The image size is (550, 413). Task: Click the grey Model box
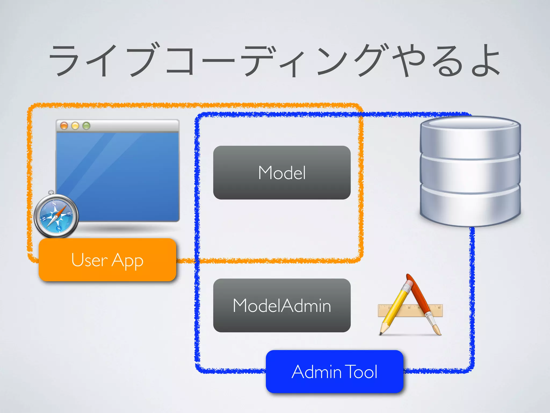click(282, 172)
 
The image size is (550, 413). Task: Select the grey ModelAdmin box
click(282, 305)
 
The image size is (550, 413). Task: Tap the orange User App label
click(107, 260)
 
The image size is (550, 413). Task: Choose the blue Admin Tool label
click(334, 372)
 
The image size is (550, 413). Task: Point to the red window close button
click(64, 126)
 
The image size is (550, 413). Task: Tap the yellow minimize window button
click(75, 126)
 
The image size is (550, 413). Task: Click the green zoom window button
click(86, 126)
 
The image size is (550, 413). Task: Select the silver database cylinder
click(470, 172)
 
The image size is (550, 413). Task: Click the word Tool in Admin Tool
click(361, 372)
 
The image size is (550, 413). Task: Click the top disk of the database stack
click(470, 137)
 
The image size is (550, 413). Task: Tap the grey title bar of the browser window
click(134, 126)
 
